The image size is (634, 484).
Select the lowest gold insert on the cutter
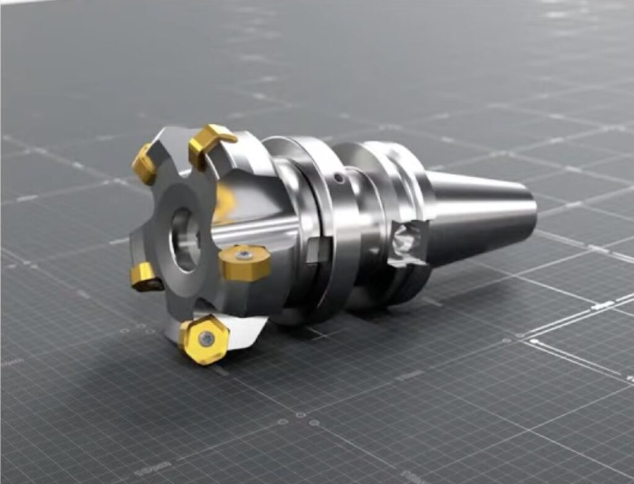click(204, 339)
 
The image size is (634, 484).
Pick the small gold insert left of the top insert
click(144, 164)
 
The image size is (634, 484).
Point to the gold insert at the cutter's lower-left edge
click(145, 275)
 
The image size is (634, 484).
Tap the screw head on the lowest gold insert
click(206, 338)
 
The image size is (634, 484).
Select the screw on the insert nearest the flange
click(246, 255)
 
